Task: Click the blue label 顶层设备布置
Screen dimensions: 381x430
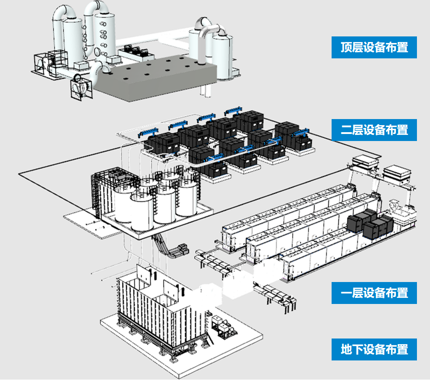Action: click(374, 48)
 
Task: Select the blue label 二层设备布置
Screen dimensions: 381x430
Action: click(374, 129)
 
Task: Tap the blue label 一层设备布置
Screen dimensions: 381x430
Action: click(374, 293)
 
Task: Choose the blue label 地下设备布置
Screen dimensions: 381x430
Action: click(374, 349)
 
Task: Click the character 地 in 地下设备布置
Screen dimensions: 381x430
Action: click(347, 349)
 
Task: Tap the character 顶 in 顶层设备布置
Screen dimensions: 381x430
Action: click(347, 48)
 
